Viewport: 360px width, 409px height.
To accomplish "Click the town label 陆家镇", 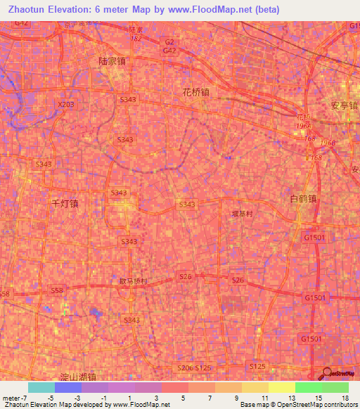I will click(x=112, y=61).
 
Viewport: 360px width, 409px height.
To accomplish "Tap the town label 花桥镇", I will click(x=195, y=92).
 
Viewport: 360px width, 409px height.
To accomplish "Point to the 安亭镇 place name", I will click(x=345, y=105).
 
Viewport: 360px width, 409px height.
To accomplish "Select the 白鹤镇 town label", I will click(x=304, y=199).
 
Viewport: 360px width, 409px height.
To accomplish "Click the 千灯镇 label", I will click(x=65, y=203).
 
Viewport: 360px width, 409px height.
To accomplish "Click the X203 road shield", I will click(x=65, y=104).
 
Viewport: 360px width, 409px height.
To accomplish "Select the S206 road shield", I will click(x=184, y=368).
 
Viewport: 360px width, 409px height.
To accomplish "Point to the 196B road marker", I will click(x=327, y=143).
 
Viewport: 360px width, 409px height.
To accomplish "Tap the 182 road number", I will click(x=136, y=38).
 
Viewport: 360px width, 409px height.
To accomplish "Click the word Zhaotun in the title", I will click(x=30, y=10).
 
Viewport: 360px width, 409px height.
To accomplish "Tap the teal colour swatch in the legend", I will click(x=41, y=387).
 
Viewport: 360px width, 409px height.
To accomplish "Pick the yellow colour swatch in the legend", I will click(x=281, y=387).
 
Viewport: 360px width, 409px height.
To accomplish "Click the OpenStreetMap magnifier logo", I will click(x=328, y=373).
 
